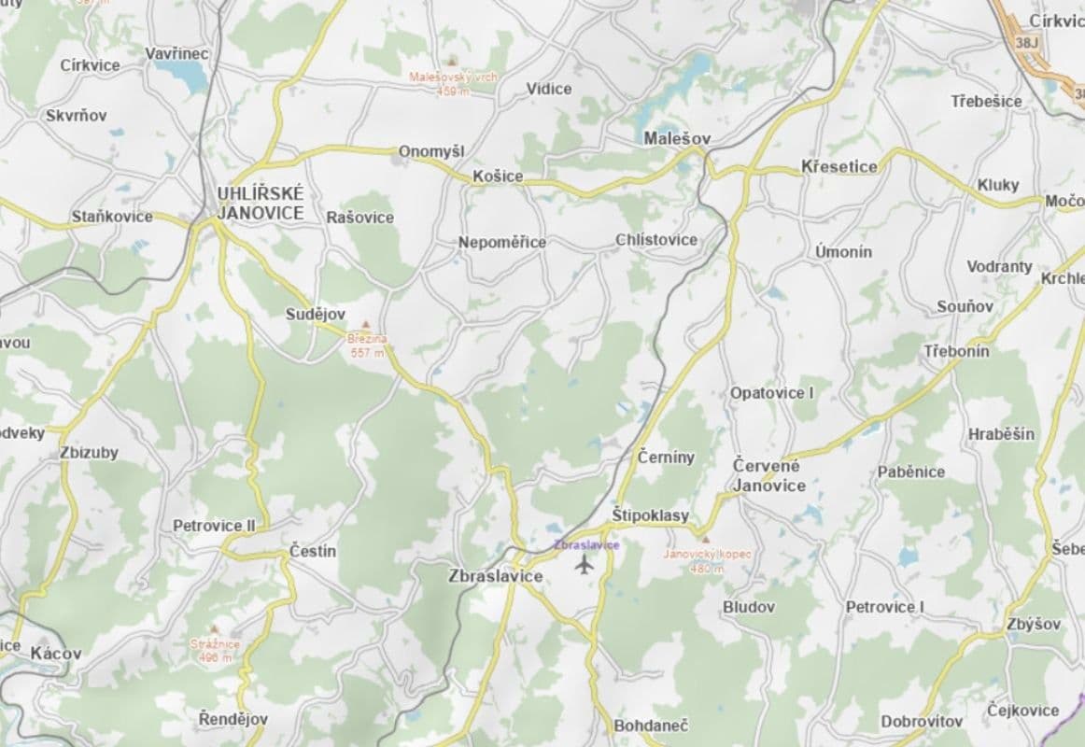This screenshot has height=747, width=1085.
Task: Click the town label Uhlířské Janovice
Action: [261, 204]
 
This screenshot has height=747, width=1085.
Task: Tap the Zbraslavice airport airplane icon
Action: [585, 564]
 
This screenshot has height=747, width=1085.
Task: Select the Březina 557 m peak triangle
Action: [366, 325]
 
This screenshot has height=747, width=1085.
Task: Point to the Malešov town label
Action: [678, 138]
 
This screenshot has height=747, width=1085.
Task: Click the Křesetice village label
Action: [839, 167]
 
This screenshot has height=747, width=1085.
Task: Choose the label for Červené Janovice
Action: [768, 475]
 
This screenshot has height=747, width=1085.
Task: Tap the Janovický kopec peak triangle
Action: [706, 540]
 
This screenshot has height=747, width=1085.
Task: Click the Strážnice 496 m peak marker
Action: [215, 630]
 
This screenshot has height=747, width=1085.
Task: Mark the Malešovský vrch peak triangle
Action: [454, 60]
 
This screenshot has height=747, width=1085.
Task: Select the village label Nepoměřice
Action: [502, 243]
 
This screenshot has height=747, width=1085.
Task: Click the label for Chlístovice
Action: [656, 240]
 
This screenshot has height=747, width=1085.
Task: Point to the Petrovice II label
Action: [214, 526]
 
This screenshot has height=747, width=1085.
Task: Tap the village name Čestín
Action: [313, 551]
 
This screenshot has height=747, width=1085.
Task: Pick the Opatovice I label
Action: [772, 393]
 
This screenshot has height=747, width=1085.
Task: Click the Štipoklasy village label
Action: [651, 515]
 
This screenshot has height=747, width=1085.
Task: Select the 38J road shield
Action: [1026, 42]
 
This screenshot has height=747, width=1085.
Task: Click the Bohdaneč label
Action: [651, 725]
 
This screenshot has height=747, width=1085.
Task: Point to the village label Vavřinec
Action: [177, 54]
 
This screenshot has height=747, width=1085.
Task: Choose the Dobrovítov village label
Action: [922, 722]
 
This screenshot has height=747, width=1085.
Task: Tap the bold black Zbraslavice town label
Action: [496, 576]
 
